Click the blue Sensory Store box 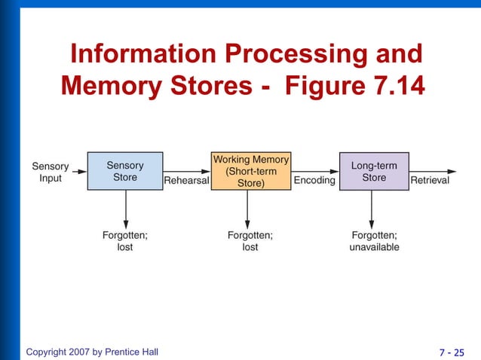pos(125,171)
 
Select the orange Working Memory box pos(250,171)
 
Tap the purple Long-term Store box pos(374,171)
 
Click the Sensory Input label pos(50,172)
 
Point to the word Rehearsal pos(186,181)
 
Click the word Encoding pos(314,181)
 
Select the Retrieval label pos(429,181)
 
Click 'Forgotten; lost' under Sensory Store pos(125,241)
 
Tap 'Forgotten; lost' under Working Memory pos(250,241)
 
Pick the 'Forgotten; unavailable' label pos(374,241)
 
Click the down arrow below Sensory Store pos(125,208)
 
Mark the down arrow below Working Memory pos(250,208)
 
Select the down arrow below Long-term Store pos(372,208)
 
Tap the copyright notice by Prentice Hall pos(92,352)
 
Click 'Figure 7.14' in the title pos(354,85)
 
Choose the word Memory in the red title pos(110,85)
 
